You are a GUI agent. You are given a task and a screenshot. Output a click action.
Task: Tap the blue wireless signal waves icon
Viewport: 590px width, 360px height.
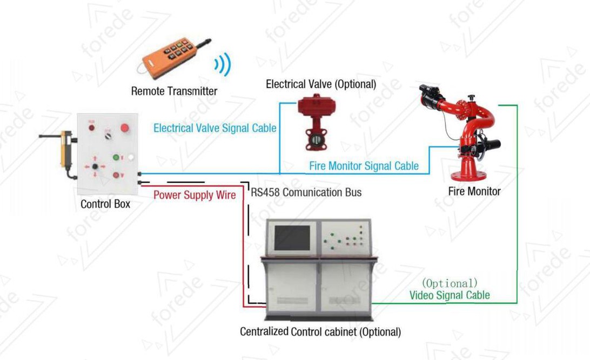pos(223,64)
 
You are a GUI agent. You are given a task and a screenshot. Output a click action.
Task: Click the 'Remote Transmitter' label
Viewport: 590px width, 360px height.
pos(174,91)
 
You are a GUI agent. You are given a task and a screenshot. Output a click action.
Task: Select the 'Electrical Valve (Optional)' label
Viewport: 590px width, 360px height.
pos(321,84)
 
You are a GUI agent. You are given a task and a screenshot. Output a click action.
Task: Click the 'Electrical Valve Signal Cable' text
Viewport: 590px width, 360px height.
pos(215,128)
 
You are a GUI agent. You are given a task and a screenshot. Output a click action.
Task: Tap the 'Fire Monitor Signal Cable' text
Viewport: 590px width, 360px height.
pos(364,166)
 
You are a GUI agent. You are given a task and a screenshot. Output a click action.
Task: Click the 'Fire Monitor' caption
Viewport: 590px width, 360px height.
pos(474,191)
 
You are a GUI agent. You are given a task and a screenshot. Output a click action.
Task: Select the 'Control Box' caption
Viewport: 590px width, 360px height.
pos(105,204)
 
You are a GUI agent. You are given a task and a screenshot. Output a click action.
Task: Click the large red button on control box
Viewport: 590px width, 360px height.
pos(125,128)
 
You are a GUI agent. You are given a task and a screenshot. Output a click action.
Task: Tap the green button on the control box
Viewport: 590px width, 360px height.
pos(116,157)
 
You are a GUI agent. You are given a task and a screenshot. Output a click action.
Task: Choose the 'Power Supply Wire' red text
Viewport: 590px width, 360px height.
pos(195,195)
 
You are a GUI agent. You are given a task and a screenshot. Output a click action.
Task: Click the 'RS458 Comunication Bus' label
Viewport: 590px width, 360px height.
pos(306,192)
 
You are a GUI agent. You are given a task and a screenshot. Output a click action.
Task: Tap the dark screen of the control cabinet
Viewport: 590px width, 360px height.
pos(292,238)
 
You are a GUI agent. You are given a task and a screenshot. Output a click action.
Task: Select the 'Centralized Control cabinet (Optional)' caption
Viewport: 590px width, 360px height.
pos(320,332)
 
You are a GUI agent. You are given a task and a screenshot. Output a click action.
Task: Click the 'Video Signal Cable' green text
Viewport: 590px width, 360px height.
pos(450,295)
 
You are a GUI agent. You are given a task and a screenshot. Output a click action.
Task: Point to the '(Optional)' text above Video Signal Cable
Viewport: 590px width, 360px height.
pos(450,283)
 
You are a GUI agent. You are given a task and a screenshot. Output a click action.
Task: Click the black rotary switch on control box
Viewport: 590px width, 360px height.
pos(108,135)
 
